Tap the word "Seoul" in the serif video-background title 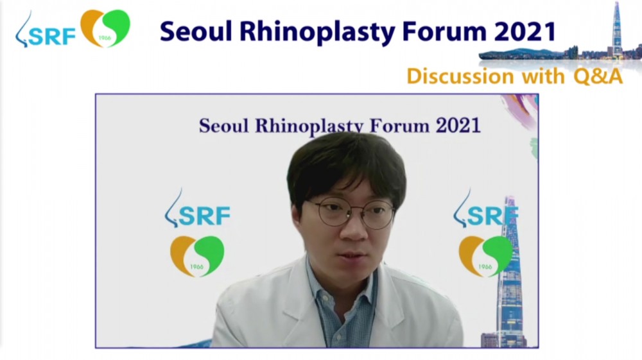tap(223, 126)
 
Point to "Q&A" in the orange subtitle tap(598, 76)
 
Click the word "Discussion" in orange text tap(460, 76)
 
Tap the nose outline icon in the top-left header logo tap(22, 30)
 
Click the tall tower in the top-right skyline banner tap(616, 29)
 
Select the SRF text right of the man tap(492, 216)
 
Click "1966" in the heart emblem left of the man tap(196, 267)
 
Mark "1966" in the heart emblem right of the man tap(485, 267)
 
